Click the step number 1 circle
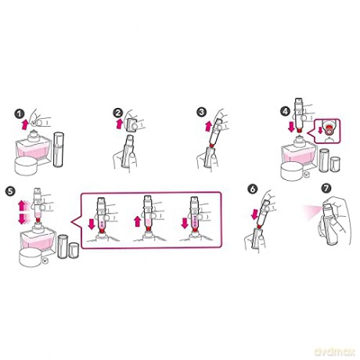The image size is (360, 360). pos(20,114)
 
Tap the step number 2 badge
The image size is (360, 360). pos(118,113)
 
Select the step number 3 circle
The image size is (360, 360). pos(202,113)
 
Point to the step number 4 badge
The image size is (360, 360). pos(285,111)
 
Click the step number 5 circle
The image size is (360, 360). pos(10,191)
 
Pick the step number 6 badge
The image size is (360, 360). pos(253,189)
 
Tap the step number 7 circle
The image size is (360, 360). pos(326,188)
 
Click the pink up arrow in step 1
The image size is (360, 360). pos(25,124)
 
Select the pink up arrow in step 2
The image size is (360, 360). pos(119,124)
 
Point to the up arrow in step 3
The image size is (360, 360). pos(208,127)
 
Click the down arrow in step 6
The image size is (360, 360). pos(254,215)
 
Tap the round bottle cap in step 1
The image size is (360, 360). pos(26,166)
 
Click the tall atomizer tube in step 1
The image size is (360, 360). pos(59,149)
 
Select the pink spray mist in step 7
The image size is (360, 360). pos(312,210)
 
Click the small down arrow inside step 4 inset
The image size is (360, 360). pos(321,130)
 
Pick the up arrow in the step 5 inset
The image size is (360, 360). pos(138,222)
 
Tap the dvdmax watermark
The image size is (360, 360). pos(335,351)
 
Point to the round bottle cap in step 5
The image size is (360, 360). pos(31,257)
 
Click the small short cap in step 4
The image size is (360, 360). pos(335,164)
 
